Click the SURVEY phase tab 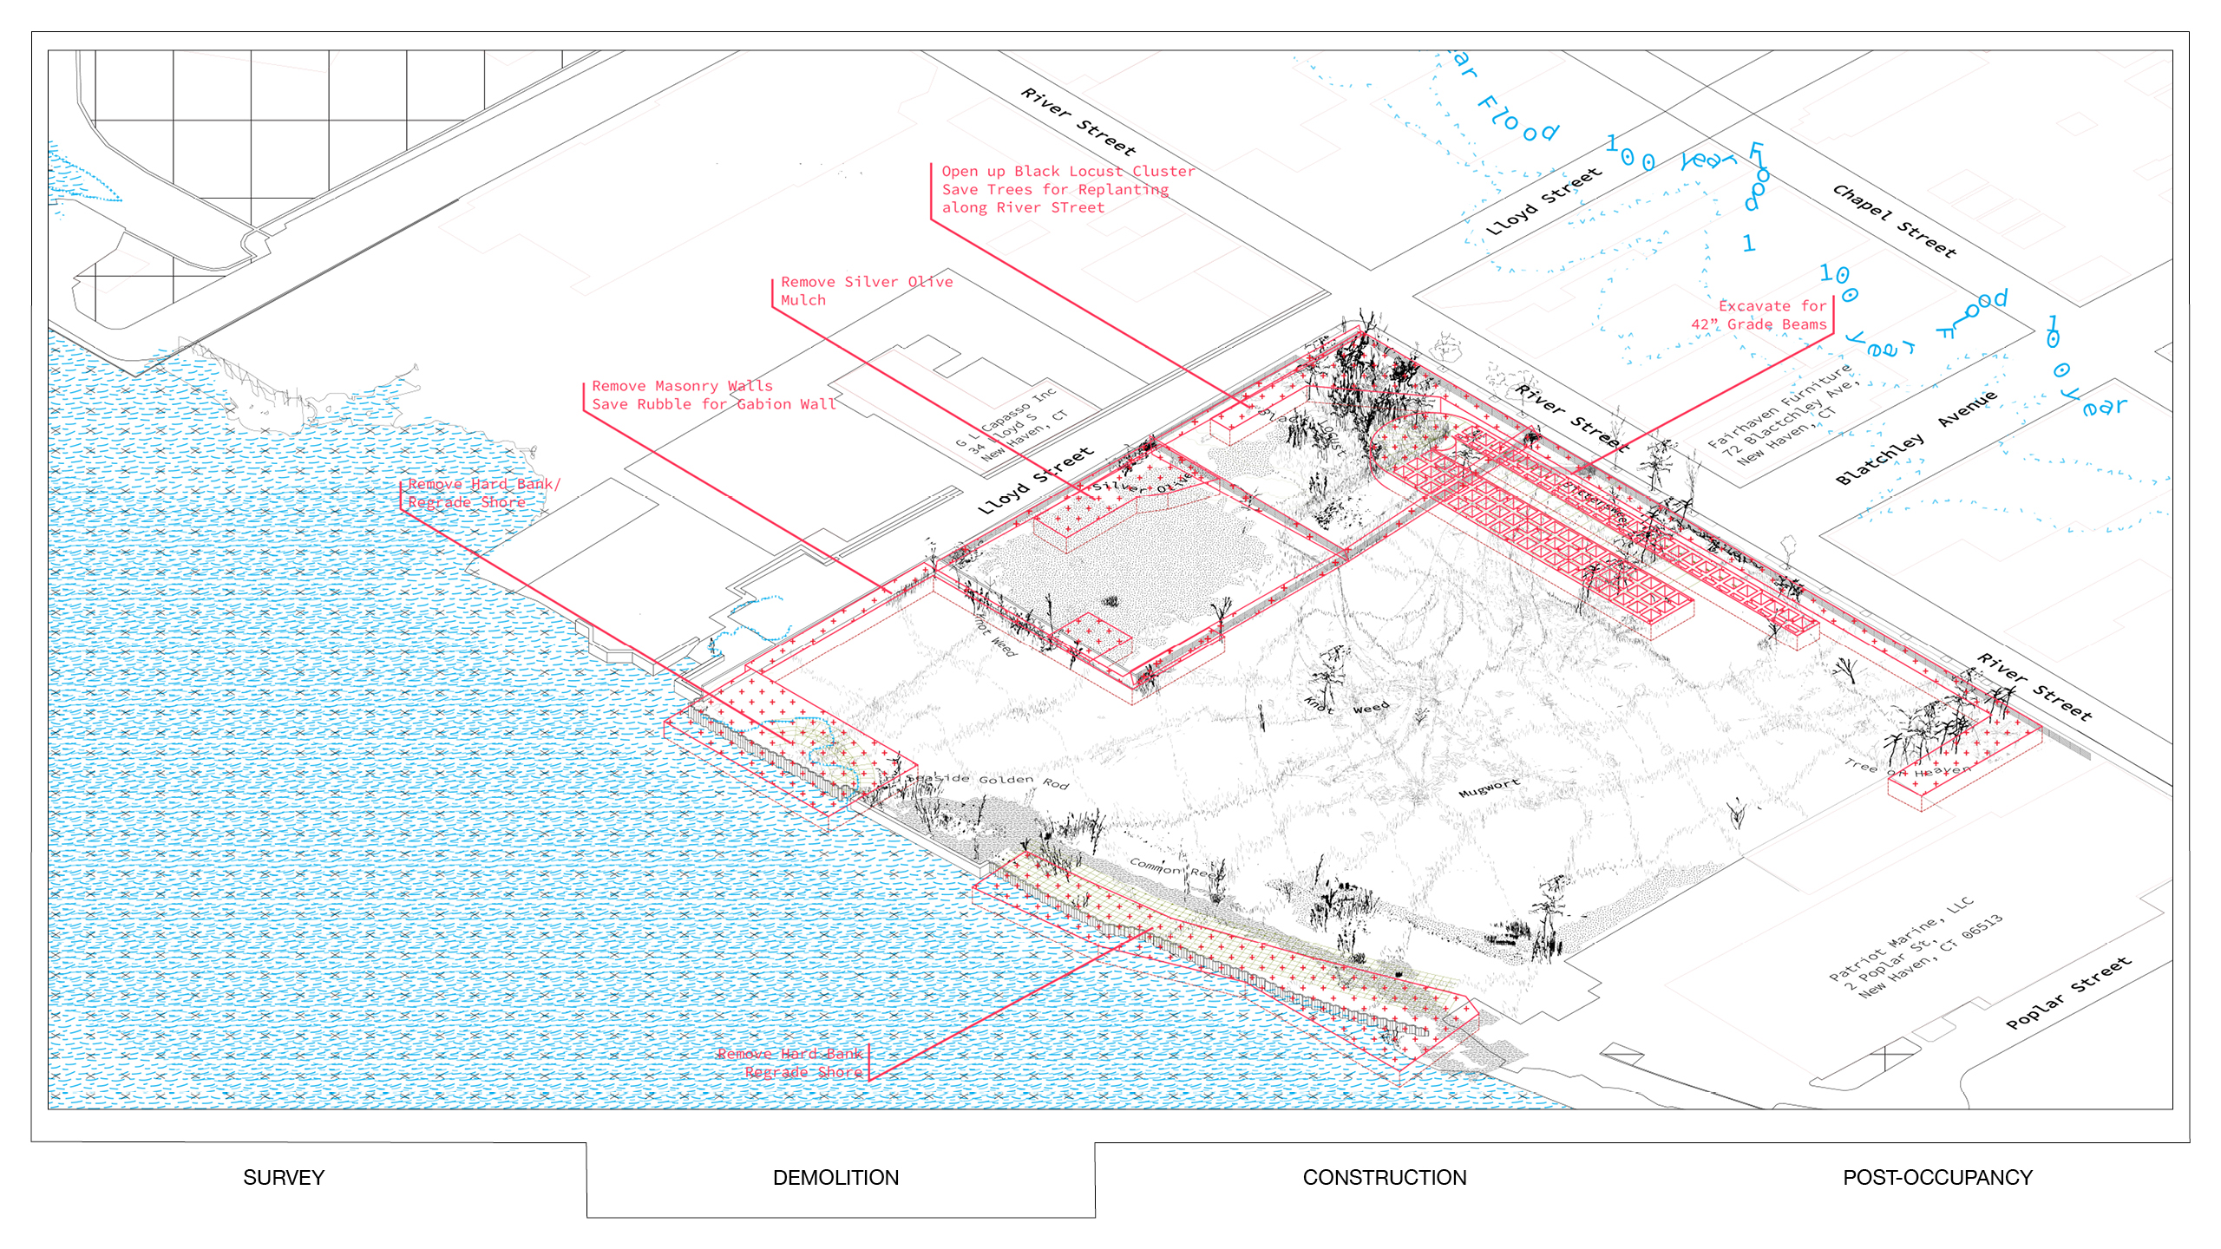(284, 1178)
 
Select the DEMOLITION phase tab (835, 1178)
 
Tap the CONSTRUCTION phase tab (1385, 1178)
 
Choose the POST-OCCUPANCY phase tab (1937, 1178)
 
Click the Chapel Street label (1895, 221)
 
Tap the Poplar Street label (2068, 993)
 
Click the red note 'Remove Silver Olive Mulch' (866, 291)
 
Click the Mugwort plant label (1489, 788)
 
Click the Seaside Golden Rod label (987, 780)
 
